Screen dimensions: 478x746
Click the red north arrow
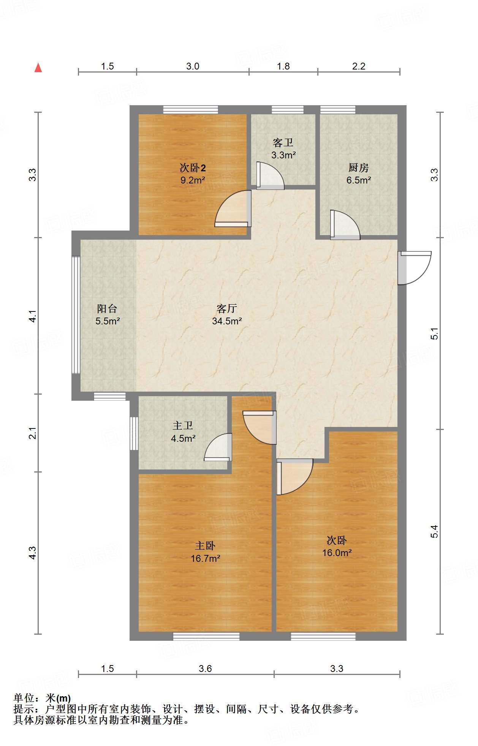pos(38,68)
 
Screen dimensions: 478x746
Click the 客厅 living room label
pos(227,308)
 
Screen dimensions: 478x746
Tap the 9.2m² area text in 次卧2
pos(193,180)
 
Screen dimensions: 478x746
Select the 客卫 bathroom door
pos(270,175)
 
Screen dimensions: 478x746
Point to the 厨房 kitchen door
pos(345,225)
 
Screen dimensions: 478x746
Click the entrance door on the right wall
pos(415,268)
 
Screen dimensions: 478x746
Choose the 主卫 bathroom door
pos(218,447)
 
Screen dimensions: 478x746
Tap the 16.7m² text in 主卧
pos(206,558)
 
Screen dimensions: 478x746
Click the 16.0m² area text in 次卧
pos(337,553)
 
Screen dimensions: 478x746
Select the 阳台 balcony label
pos(107,308)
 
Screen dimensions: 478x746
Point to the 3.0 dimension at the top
pos(193,66)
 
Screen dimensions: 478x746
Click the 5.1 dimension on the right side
pos(434,333)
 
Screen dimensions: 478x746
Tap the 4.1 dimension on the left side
pos(33,316)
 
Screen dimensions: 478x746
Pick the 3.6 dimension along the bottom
pos(205,669)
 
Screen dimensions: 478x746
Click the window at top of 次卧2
pos(191,110)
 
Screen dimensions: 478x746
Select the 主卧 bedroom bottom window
pos(206,636)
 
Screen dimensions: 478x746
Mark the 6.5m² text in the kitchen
pos(359,180)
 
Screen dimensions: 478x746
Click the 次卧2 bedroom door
pos(233,209)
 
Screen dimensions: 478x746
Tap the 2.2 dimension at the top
pos(359,66)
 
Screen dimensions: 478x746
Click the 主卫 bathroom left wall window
pos(134,433)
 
